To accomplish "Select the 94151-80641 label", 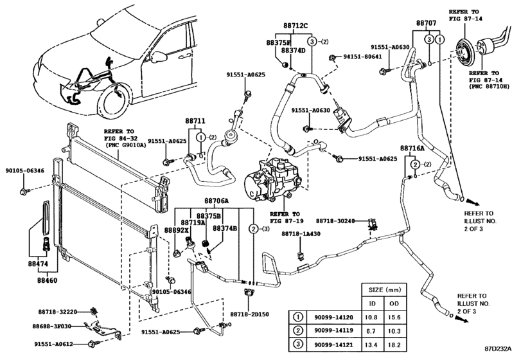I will pos(362,57).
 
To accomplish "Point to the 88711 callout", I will pos(195,121).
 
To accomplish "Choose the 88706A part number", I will pos(218,201).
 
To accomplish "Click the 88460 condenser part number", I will pos(47,281).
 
